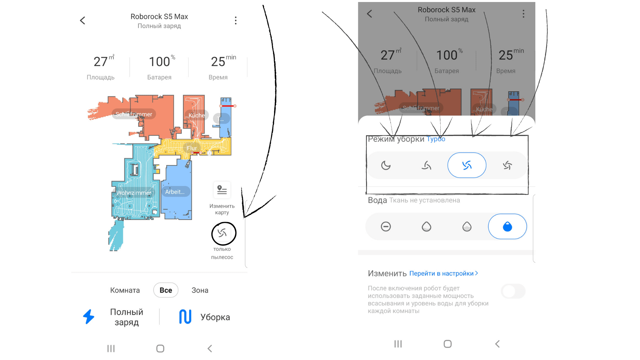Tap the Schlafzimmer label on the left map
(x=134, y=114)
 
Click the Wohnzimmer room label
(x=134, y=193)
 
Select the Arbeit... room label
(x=175, y=192)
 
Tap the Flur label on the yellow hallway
(x=191, y=148)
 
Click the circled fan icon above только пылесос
(x=222, y=233)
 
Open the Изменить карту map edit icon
(x=222, y=190)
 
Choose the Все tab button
(x=166, y=290)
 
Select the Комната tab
(x=125, y=290)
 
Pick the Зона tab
(x=200, y=290)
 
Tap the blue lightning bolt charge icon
(x=89, y=317)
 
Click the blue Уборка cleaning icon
(x=185, y=317)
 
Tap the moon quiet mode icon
(x=386, y=165)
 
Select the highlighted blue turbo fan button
(x=467, y=165)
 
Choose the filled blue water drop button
(x=507, y=227)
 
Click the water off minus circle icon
(x=386, y=227)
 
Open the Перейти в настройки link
(x=443, y=273)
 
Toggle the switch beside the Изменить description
(x=513, y=291)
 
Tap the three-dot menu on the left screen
(x=236, y=21)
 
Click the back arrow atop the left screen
(x=83, y=21)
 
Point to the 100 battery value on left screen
(x=159, y=62)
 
